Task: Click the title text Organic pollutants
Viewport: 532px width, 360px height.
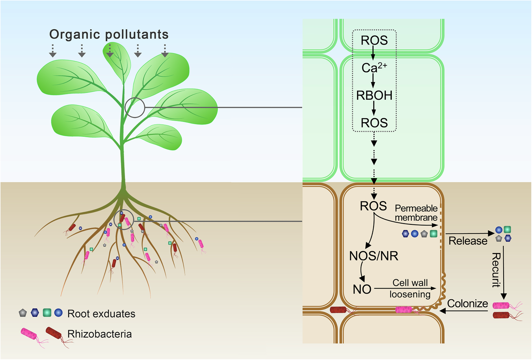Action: [109, 35]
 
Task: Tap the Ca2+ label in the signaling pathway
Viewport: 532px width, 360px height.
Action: [374, 68]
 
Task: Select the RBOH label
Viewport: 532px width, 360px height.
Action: [374, 95]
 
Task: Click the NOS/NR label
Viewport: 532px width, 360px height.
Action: [374, 256]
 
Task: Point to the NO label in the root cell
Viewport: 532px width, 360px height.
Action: [362, 289]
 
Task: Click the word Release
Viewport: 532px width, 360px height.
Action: [468, 241]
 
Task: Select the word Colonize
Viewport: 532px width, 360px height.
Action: [467, 304]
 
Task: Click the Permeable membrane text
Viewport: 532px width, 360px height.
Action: [416, 213]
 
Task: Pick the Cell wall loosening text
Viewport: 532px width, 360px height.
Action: [410, 289]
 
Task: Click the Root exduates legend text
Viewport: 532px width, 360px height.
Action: [101, 314]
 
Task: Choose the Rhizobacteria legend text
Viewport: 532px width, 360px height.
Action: [99, 334]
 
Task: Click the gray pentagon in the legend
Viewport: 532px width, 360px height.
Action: [23, 313]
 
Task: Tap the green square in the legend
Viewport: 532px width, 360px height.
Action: [47, 313]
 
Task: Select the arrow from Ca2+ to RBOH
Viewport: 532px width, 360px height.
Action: [374, 81]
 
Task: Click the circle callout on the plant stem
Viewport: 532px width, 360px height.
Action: [135, 107]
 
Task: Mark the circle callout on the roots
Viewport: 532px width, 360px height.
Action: [124, 219]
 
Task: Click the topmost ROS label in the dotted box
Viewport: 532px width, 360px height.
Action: [374, 40]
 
